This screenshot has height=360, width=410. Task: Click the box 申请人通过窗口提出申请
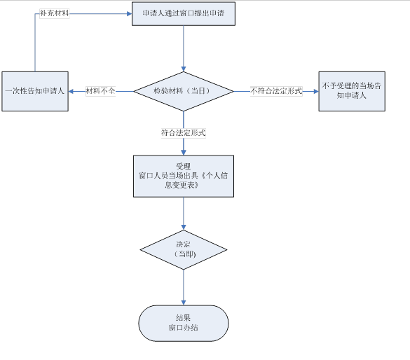[184, 14]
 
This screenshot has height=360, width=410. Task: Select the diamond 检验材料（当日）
[184, 91]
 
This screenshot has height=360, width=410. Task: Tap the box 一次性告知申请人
[35, 91]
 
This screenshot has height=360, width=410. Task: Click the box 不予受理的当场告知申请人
[352, 91]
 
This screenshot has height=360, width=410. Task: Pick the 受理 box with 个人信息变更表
[184, 176]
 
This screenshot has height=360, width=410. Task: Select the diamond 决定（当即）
[184, 249]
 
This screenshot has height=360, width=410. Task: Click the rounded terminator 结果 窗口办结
[184, 323]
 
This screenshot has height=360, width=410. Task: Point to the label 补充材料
[55, 13]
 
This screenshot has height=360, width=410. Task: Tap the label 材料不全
[100, 91]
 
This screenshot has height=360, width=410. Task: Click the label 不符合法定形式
[276, 91]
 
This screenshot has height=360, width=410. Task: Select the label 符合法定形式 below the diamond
[184, 133]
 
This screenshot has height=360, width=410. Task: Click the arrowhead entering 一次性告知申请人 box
[71, 92]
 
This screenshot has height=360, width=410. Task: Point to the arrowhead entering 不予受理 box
[316, 92]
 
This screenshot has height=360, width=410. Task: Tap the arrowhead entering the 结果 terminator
[184, 303]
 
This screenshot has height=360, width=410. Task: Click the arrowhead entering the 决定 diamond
[184, 228]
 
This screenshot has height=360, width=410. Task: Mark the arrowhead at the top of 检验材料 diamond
[184, 69]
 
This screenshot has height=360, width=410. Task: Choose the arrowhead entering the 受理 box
[184, 153]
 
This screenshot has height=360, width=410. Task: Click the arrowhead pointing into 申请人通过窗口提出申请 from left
[130, 13]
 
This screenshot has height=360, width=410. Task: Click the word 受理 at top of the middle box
[184, 167]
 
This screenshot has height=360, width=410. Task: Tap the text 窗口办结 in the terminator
[184, 328]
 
